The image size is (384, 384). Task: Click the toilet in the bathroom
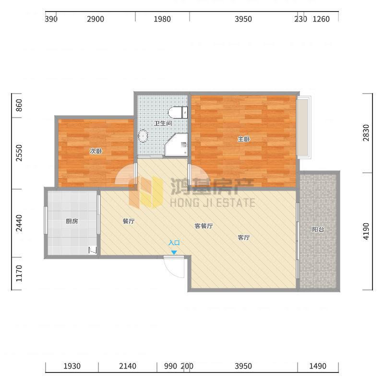pyautogui.click(x=178, y=112)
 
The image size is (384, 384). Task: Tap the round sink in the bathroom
pyautogui.click(x=143, y=136)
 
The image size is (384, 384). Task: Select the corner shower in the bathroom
pyautogui.click(x=177, y=145)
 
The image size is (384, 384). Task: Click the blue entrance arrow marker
pyautogui.click(x=174, y=252)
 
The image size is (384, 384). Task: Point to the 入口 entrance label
pyautogui.click(x=174, y=243)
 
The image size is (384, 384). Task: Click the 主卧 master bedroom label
pyautogui.click(x=244, y=139)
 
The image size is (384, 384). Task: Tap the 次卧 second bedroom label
pyautogui.click(x=96, y=151)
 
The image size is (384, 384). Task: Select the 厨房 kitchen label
pyautogui.click(x=72, y=221)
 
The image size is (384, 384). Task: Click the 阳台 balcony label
pyautogui.click(x=318, y=229)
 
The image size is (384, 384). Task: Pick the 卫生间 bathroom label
pyautogui.click(x=163, y=123)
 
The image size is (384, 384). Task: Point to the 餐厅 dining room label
pyautogui.click(x=129, y=221)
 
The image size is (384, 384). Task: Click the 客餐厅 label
pyautogui.click(x=204, y=226)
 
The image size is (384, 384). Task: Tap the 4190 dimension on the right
pyautogui.click(x=366, y=231)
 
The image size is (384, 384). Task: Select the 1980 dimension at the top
pyautogui.click(x=162, y=19)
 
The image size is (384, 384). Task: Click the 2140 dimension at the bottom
pyautogui.click(x=128, y=366)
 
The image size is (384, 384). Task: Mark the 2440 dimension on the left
pyautogui.click(x=19, y=223)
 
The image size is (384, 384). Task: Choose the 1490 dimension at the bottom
pyautogui.click(x=318, y=366)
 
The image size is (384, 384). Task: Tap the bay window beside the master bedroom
pyautogui.click(x=304, y=127)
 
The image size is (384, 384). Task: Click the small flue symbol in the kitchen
pyautogui.click(x=93, y=250)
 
